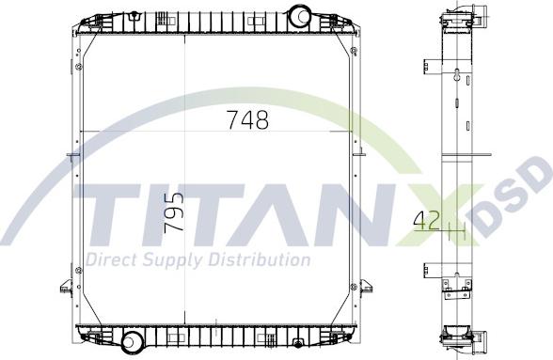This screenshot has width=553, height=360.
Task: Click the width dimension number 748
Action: tap(247, 120)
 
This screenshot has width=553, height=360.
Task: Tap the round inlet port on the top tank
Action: tap(301, 16)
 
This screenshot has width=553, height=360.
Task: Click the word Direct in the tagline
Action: tap(111, 259)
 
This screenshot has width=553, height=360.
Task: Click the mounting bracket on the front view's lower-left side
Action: tap(68, 285)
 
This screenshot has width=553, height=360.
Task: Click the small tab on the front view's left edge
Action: tap(69, 155)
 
